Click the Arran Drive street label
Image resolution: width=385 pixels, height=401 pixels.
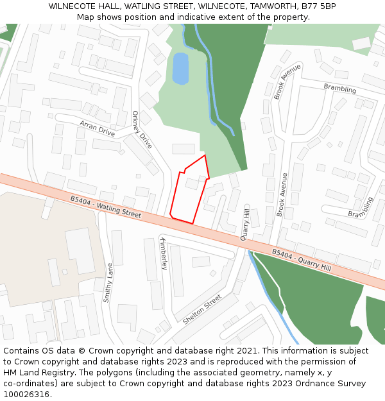pyautogui.click(x=97, y=128)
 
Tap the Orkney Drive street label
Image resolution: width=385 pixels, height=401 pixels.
pyautogui.click(x=141, y=130)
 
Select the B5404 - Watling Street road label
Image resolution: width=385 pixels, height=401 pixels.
pyautogui.click(x=106, y=207)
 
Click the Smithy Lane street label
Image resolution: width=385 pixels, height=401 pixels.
pyautogui.click(x=108, y=282)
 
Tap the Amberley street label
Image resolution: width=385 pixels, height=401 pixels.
pyautogui.click(x=164, y=254)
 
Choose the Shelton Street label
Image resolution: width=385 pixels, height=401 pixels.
pyautogui.click(x=202, y=309)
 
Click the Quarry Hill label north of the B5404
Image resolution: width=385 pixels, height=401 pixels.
pyautogui.click(x=245, y=223)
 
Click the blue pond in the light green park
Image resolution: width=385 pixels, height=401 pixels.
pyautogui.click(x=180, y=68)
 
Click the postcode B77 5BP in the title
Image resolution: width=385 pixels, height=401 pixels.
pyautogui.click(x=319, y=6)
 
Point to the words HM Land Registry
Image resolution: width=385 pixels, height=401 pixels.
pyautogui.click(x=33, y=373)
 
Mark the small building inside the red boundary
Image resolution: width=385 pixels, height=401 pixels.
pyautogui.click(x=191, y=183)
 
